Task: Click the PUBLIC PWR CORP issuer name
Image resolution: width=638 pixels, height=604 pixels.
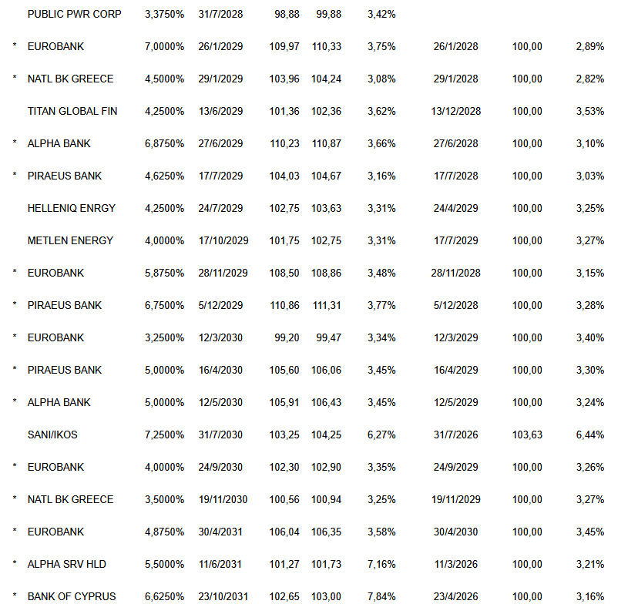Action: pos(74,14)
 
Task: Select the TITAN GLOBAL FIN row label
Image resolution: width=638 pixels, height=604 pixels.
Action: pos(72,111)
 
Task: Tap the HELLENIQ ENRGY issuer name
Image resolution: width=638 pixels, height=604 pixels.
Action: pos(71,208)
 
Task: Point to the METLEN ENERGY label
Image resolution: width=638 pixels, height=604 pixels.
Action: pos(70,240)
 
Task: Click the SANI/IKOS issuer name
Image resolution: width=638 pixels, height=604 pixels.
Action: pos(52,435)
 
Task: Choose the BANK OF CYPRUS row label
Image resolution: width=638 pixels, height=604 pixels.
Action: pos(72,596)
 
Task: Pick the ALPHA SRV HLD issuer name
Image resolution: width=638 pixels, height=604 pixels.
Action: pos(67,564)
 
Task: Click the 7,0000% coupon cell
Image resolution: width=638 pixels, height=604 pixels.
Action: pos(164,46)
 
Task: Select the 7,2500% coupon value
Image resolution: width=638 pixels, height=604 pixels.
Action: pos(164,435)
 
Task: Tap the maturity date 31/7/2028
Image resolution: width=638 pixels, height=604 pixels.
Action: pos(220,14)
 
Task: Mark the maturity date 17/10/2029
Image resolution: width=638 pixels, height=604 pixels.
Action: pos(223,240)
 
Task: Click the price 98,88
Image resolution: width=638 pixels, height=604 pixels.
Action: pos(287,14)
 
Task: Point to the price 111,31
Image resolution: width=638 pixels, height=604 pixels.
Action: pos(328,305)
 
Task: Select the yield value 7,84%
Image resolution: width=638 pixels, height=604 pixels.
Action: pos(381,596)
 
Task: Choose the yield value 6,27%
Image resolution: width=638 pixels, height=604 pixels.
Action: pos(381,435)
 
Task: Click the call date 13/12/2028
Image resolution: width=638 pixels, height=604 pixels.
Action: pos(456,111)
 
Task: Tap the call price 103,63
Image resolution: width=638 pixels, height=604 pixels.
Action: pos(527,435)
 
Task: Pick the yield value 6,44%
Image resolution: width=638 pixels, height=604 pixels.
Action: pos(589,435)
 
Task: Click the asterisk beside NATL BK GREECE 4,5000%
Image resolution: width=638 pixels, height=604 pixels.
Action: pos(15,79)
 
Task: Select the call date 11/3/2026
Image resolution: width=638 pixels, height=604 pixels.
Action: pos(456,564)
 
